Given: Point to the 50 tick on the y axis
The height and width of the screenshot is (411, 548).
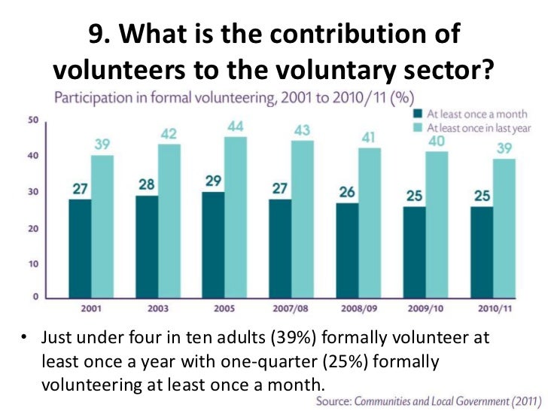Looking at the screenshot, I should [35, 120].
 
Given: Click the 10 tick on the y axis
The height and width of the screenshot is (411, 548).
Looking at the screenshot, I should [35, 263].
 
